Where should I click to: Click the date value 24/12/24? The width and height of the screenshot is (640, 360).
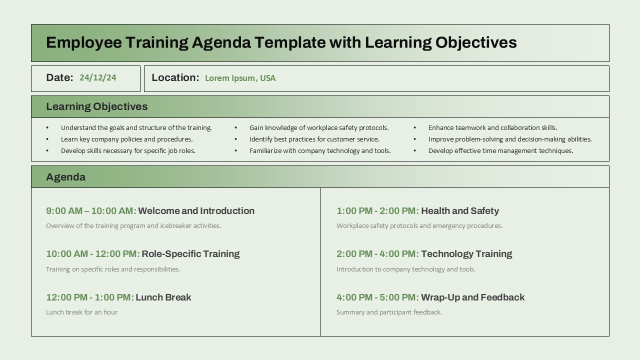tap(97, 77)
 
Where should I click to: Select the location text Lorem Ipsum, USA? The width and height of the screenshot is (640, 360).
tap(240, 78)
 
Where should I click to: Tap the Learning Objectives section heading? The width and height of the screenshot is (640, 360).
tap(96, 106)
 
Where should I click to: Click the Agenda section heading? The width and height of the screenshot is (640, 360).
tap(65, 177)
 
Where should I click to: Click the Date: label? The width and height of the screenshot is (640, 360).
tap(59, 77)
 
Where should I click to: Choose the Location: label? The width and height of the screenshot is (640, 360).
tap(175, 77)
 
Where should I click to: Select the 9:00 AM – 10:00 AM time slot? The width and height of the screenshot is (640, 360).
tap(91, 211)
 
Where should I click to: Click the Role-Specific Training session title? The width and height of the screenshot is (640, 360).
tap(190, 254)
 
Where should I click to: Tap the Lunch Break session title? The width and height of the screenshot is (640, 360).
tap(163, 297)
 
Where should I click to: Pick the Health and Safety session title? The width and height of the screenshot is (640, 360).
tap(460, 211)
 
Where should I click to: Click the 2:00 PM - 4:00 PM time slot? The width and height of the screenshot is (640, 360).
tap(377, 254)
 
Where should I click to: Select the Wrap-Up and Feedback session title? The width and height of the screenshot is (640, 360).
tap(472, 297)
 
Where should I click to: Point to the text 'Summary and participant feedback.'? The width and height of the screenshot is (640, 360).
tap(389, 312)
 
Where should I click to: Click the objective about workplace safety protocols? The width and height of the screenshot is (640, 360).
tap(319, 128)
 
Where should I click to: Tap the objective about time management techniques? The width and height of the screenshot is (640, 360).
tap(500, 151)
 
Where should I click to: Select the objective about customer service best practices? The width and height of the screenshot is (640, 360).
tap(314, 139)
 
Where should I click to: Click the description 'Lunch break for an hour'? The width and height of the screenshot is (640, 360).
tap(81, 312)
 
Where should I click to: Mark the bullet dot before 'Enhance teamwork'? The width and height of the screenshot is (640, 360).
tap(414, 128)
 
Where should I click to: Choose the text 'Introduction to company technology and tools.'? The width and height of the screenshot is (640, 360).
tap(406, 269)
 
